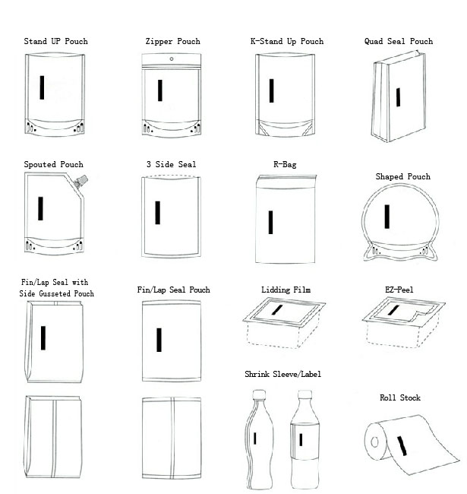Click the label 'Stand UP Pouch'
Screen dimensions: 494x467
pos(55,41)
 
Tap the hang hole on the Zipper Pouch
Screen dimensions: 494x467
pos(172,59)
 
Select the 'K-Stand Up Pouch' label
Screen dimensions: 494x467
pos(286,41)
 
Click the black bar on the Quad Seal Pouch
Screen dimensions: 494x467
pos(398,96)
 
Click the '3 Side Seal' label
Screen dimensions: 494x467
pos(171,164)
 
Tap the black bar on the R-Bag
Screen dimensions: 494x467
pos(271,222)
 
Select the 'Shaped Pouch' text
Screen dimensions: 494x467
pos(402,176)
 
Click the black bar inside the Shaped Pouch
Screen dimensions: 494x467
pos(387,216)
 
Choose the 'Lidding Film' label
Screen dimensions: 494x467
pos(286,290)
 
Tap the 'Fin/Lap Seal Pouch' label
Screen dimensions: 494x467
pos(173,290)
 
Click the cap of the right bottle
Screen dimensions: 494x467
pos(304,394)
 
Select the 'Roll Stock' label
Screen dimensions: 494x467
pos(399,397)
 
